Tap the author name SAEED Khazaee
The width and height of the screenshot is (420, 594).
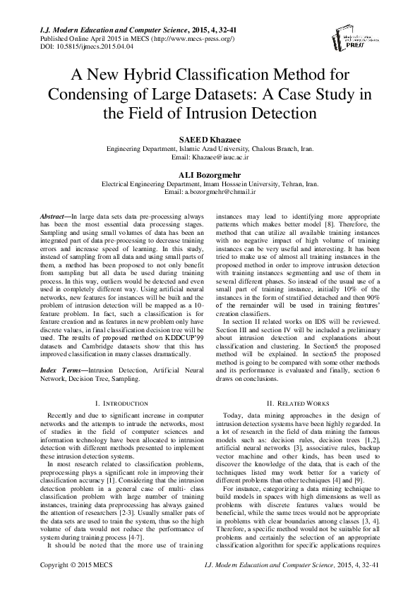pos(210,140)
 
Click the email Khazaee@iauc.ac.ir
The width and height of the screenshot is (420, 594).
pos(210,159)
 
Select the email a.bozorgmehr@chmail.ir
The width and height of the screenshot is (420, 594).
pos(210,191)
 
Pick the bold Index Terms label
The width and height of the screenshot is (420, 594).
pos(59,370)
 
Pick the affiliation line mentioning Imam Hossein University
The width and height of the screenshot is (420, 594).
pos(210,183)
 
